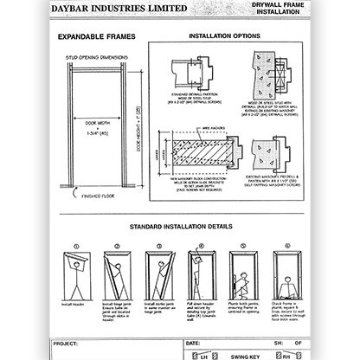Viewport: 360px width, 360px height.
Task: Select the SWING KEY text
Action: [x=250, y=354]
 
